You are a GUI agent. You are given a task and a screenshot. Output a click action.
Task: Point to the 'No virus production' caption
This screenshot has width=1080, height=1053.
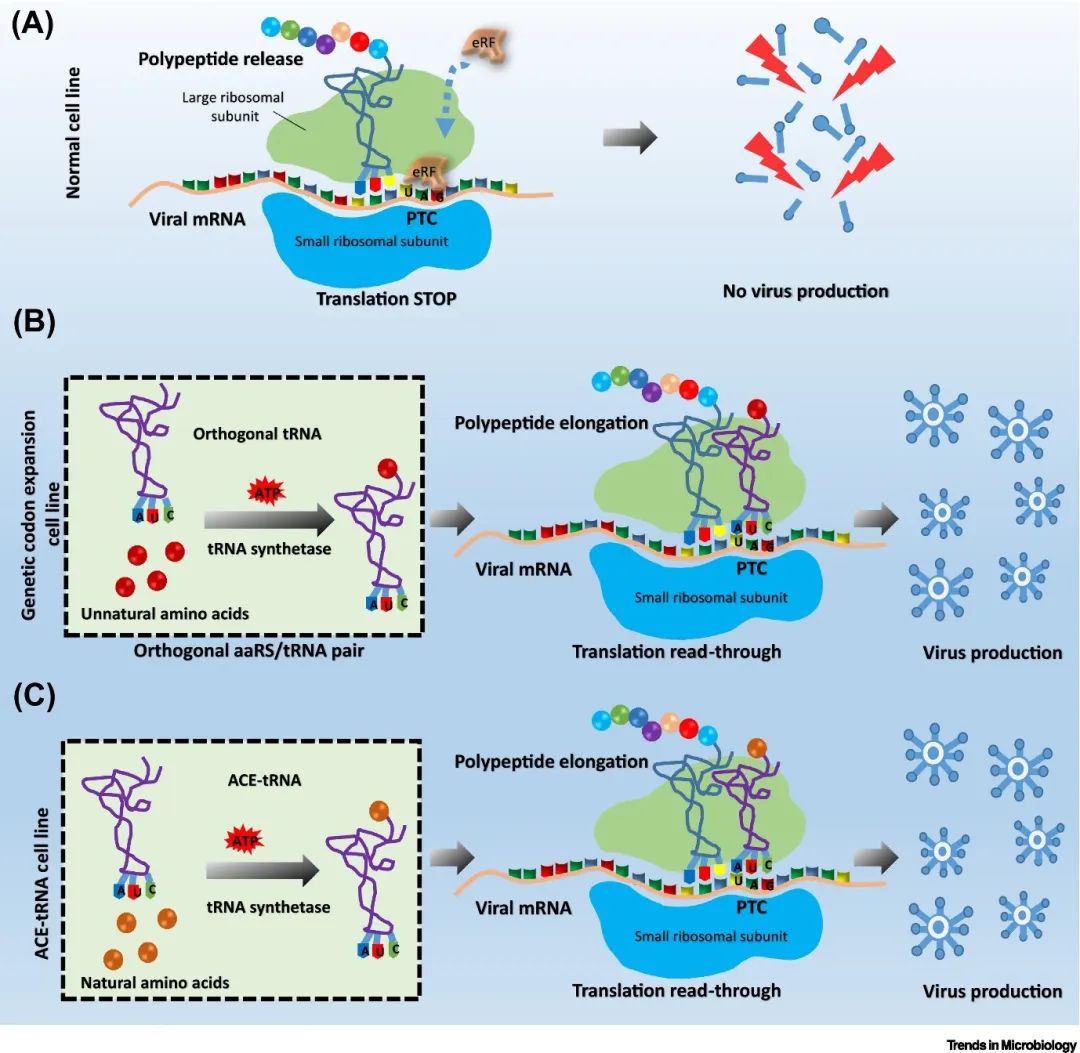coord(805,292)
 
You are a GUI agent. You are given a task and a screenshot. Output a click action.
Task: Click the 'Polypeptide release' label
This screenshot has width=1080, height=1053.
coord(221,60)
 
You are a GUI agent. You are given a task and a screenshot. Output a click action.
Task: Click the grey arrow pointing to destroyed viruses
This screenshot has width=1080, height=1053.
coord(631,136)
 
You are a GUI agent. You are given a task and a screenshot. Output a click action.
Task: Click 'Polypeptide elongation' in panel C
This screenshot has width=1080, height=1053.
coord(551,762)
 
